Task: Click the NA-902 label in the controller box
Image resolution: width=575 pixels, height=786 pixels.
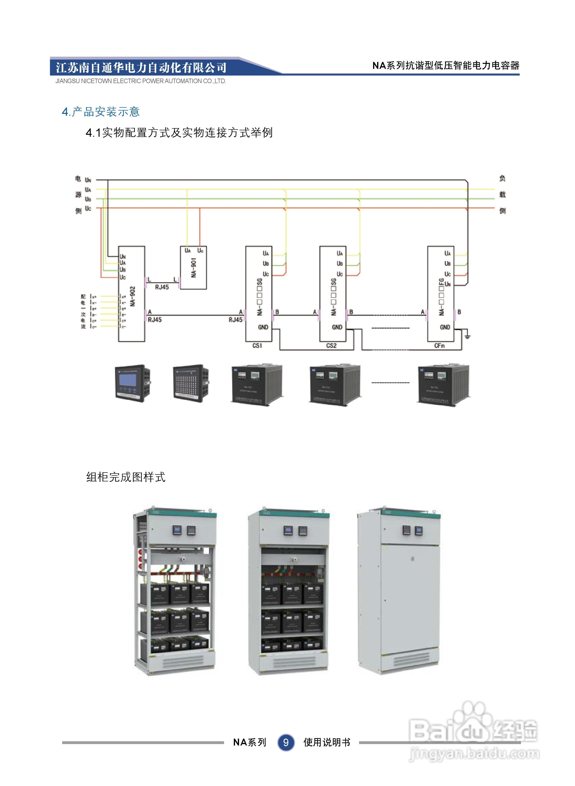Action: (x=133, y=296)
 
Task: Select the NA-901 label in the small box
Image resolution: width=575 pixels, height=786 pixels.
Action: (x=194, y=267)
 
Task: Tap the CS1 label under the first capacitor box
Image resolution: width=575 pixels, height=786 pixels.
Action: (x=257, y=346)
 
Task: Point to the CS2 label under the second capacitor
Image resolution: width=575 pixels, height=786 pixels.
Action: (x=331, y=346)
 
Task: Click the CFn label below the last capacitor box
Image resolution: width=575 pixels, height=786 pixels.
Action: (x=439, y=346)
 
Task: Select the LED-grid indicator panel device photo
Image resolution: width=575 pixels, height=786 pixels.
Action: (x=191, y=383)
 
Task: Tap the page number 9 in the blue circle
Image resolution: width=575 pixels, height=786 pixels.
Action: (x=286, y=742)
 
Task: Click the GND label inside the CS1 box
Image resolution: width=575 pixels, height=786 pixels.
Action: (x=263, y=327)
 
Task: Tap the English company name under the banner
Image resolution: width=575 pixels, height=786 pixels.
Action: (x=141, y=81)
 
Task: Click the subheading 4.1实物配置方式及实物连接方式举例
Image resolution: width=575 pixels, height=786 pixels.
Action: (x=179, y=133)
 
